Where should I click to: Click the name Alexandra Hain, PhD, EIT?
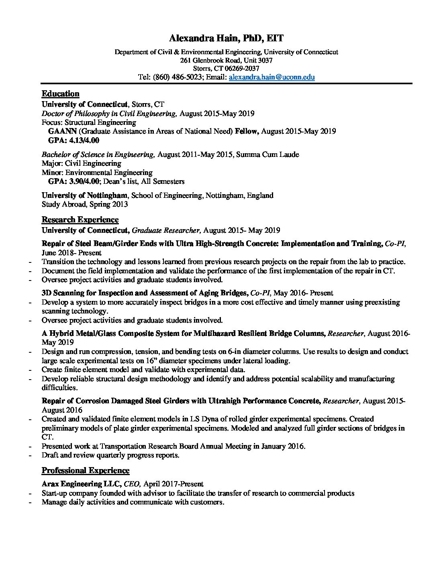coord(226,39)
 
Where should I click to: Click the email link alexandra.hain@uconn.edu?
coord(272,77)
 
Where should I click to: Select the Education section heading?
coord(60,93)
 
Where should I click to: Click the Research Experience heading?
coord(80,219)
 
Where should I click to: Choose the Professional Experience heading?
coord(86,470)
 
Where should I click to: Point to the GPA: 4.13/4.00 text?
coord(74,140)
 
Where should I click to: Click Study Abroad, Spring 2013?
coord(85,204)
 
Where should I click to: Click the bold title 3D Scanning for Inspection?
coord(100,293)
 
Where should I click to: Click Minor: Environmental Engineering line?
coord(97,173)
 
